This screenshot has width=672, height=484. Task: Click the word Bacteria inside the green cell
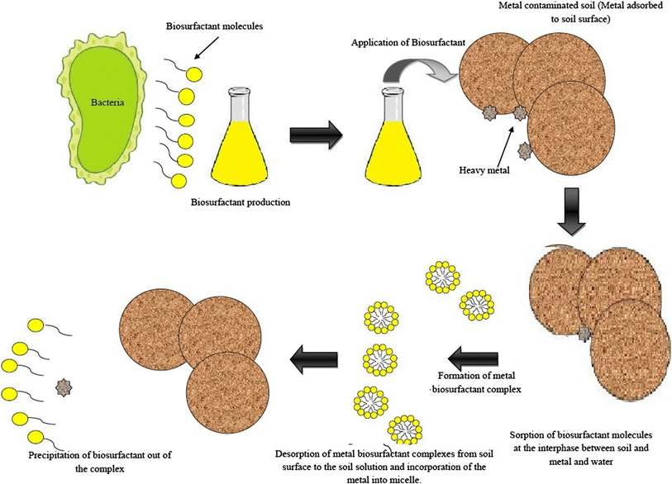(110, 106)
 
